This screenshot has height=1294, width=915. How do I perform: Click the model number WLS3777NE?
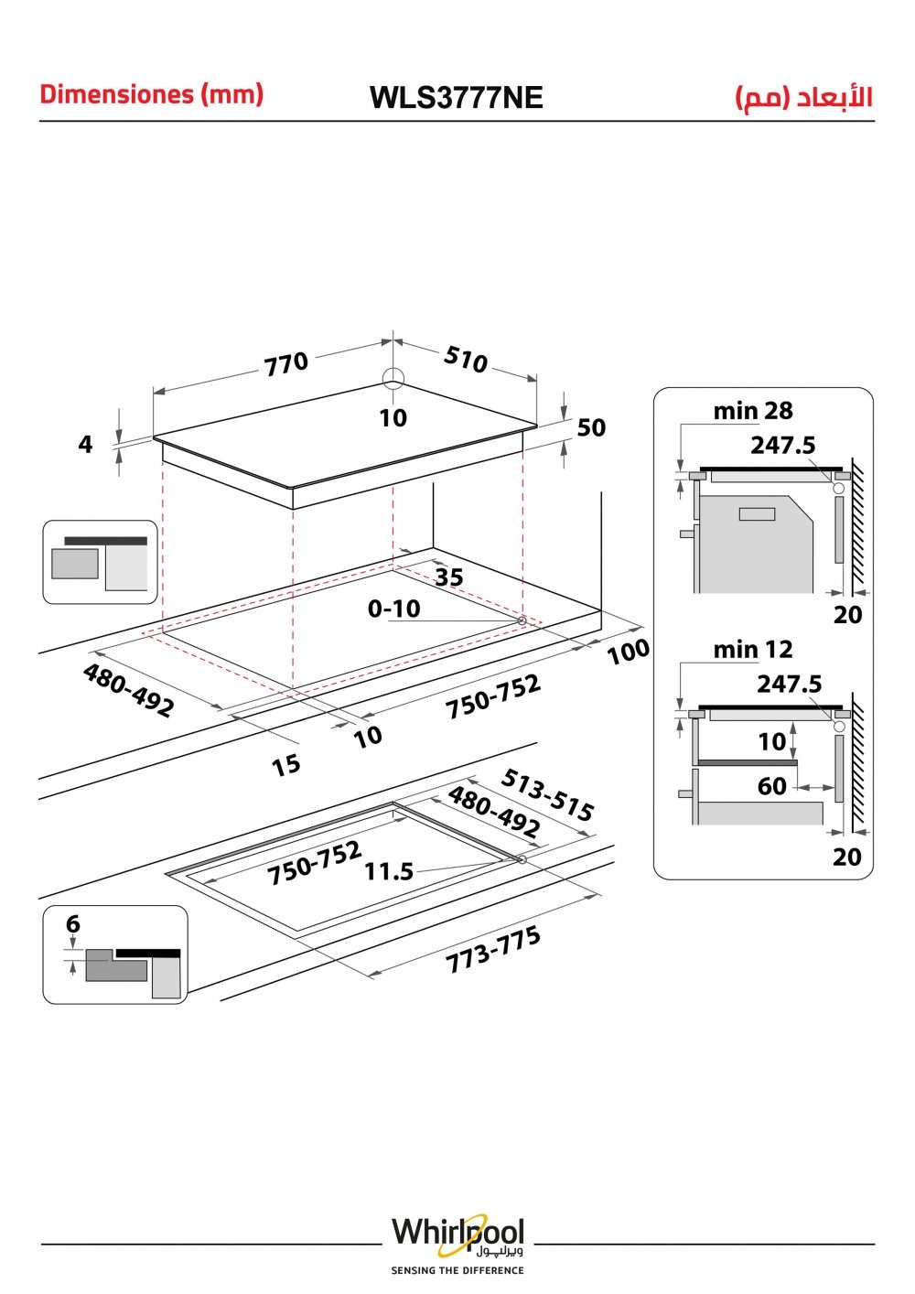(x=457, y=98)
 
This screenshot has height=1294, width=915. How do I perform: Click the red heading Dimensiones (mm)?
(x=152, y=94)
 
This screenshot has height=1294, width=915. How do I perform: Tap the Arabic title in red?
(x=804, y=98)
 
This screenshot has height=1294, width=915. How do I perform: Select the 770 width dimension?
(x=286, y=364)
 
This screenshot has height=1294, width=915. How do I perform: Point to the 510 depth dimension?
(x=466, y=360)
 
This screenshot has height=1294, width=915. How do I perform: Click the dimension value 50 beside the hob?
(x=591, y=427)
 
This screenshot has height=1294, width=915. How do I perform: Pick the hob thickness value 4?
(x=85, y=444)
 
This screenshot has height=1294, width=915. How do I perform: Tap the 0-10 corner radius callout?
(x=394, y=609)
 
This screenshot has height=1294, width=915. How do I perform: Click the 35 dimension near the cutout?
(x=449, y=577)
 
